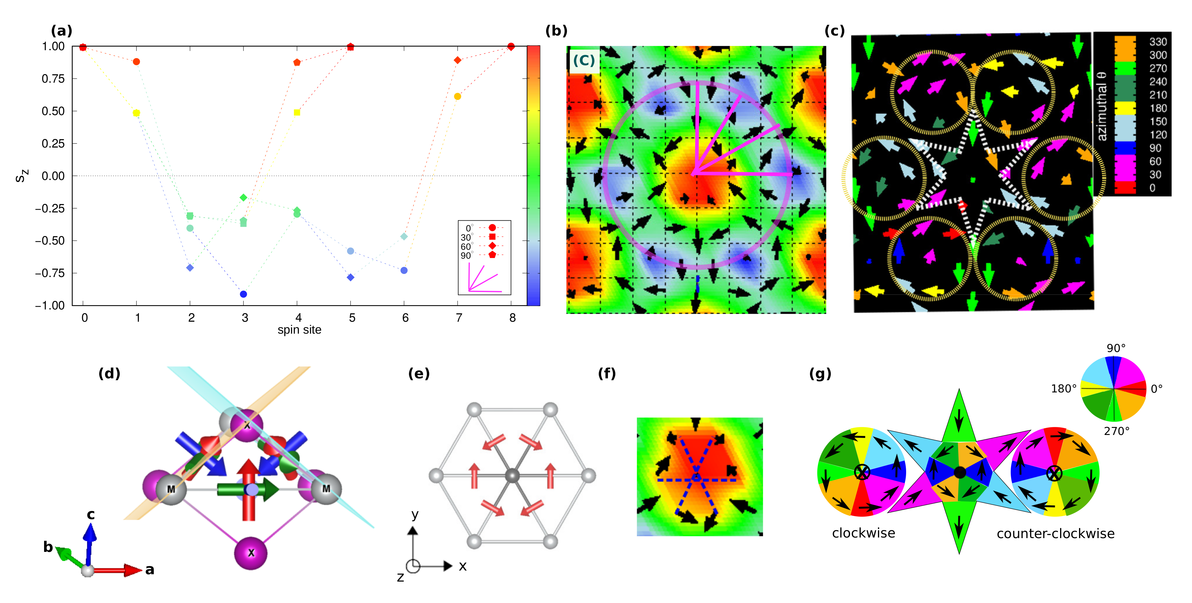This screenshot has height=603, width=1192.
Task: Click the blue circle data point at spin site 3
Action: tap(243, 294)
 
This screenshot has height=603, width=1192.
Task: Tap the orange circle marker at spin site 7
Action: tap(458, 96)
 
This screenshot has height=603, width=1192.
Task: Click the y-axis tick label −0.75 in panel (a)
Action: tap(50, 273)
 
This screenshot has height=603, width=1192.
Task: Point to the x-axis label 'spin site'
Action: tap(299, 330)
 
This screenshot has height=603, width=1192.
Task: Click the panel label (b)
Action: tap(556, 31)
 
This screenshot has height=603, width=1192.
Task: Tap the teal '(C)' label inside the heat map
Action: tap(583, 60)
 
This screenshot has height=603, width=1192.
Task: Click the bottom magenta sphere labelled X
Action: tap(251, 552)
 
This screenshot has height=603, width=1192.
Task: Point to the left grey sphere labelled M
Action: tap(171, 489)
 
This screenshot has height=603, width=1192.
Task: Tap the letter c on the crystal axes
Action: tap(91, 514)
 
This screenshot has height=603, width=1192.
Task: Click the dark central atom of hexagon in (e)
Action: tap(512, 475)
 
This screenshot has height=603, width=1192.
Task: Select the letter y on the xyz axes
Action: tap(414, 514)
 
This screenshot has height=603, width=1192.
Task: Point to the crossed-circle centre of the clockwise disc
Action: tap(862, 472)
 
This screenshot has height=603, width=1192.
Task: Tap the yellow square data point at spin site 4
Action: tap(297, 112)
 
